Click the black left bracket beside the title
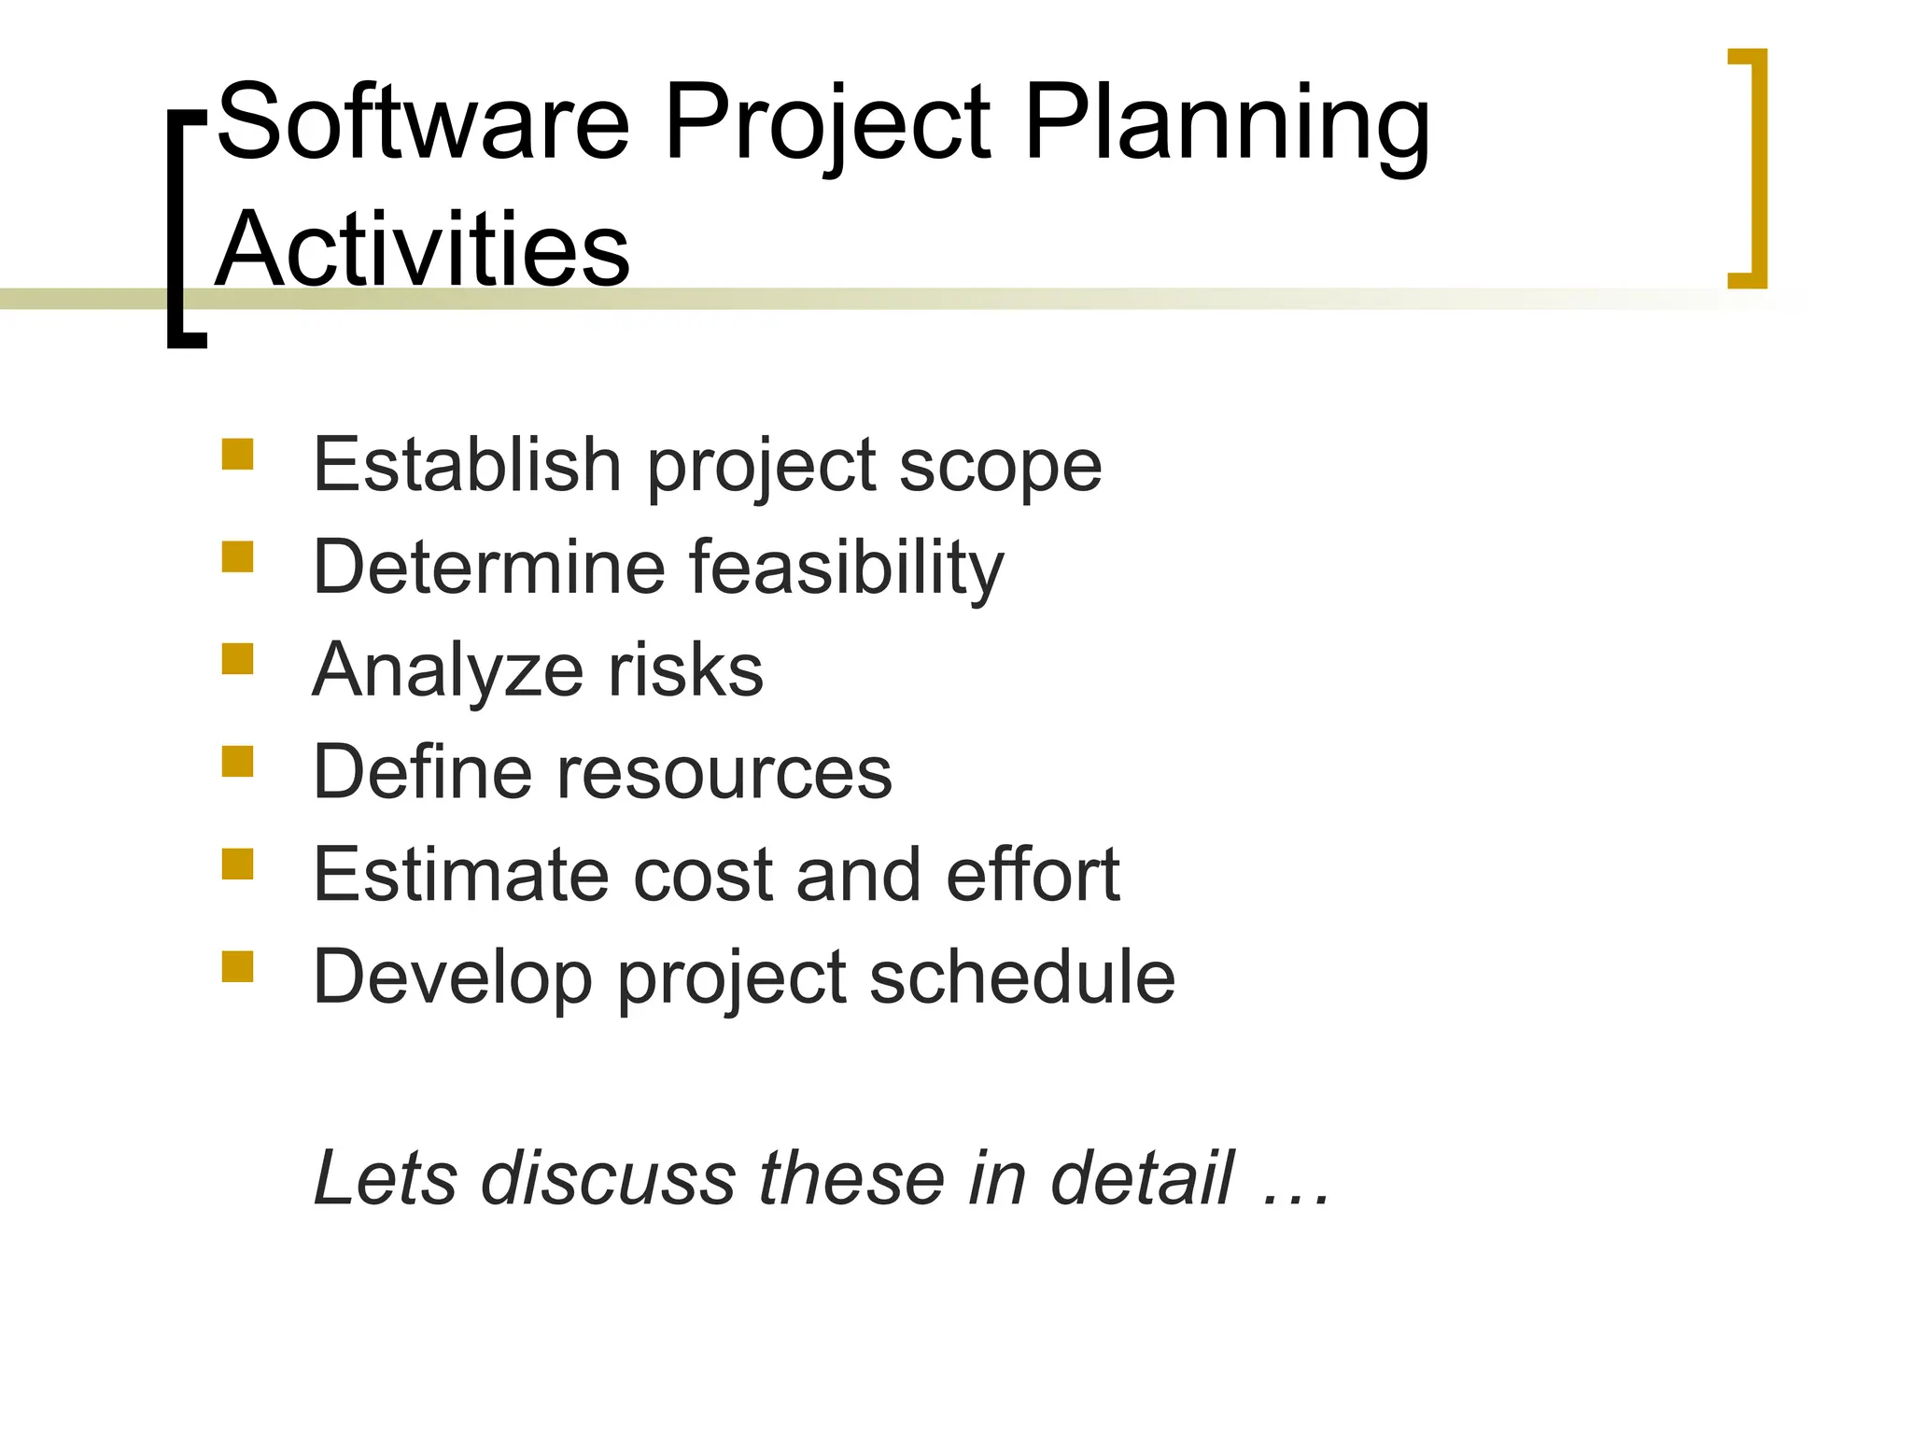tap(180, 229)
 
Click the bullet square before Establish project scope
tap(237, 455)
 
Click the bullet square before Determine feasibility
tap(237, 557)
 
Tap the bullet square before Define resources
tap(237, 762)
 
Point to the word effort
tap(1033, 875)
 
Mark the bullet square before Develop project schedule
tap(237, 967)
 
